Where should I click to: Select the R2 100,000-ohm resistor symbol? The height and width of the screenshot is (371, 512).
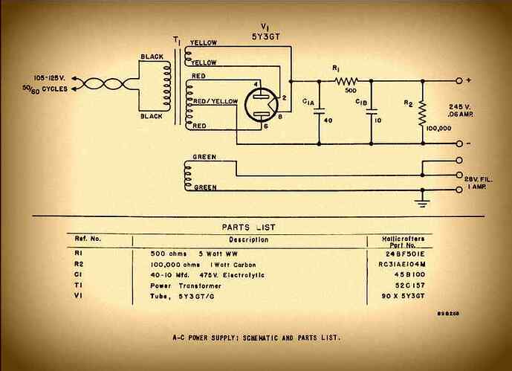422,109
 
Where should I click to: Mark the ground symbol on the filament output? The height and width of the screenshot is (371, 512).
423,198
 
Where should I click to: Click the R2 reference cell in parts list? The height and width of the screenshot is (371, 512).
80,263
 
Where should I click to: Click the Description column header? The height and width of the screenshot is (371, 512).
249,239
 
